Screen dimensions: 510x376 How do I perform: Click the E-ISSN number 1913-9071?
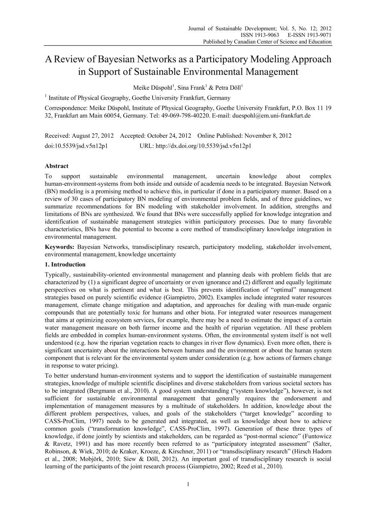pos(318,35)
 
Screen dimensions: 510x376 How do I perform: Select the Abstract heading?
pos(56,166)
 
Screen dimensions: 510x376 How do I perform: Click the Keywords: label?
pos(59,247)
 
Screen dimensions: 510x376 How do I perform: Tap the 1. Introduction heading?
pos(65,264)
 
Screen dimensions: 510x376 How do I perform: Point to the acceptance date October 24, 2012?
pos(169,136)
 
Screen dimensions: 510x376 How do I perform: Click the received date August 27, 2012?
pos(92,136)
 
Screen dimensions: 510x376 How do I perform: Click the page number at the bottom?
pos(188,484)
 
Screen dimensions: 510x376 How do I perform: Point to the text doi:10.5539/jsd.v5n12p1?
pos(76,146)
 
